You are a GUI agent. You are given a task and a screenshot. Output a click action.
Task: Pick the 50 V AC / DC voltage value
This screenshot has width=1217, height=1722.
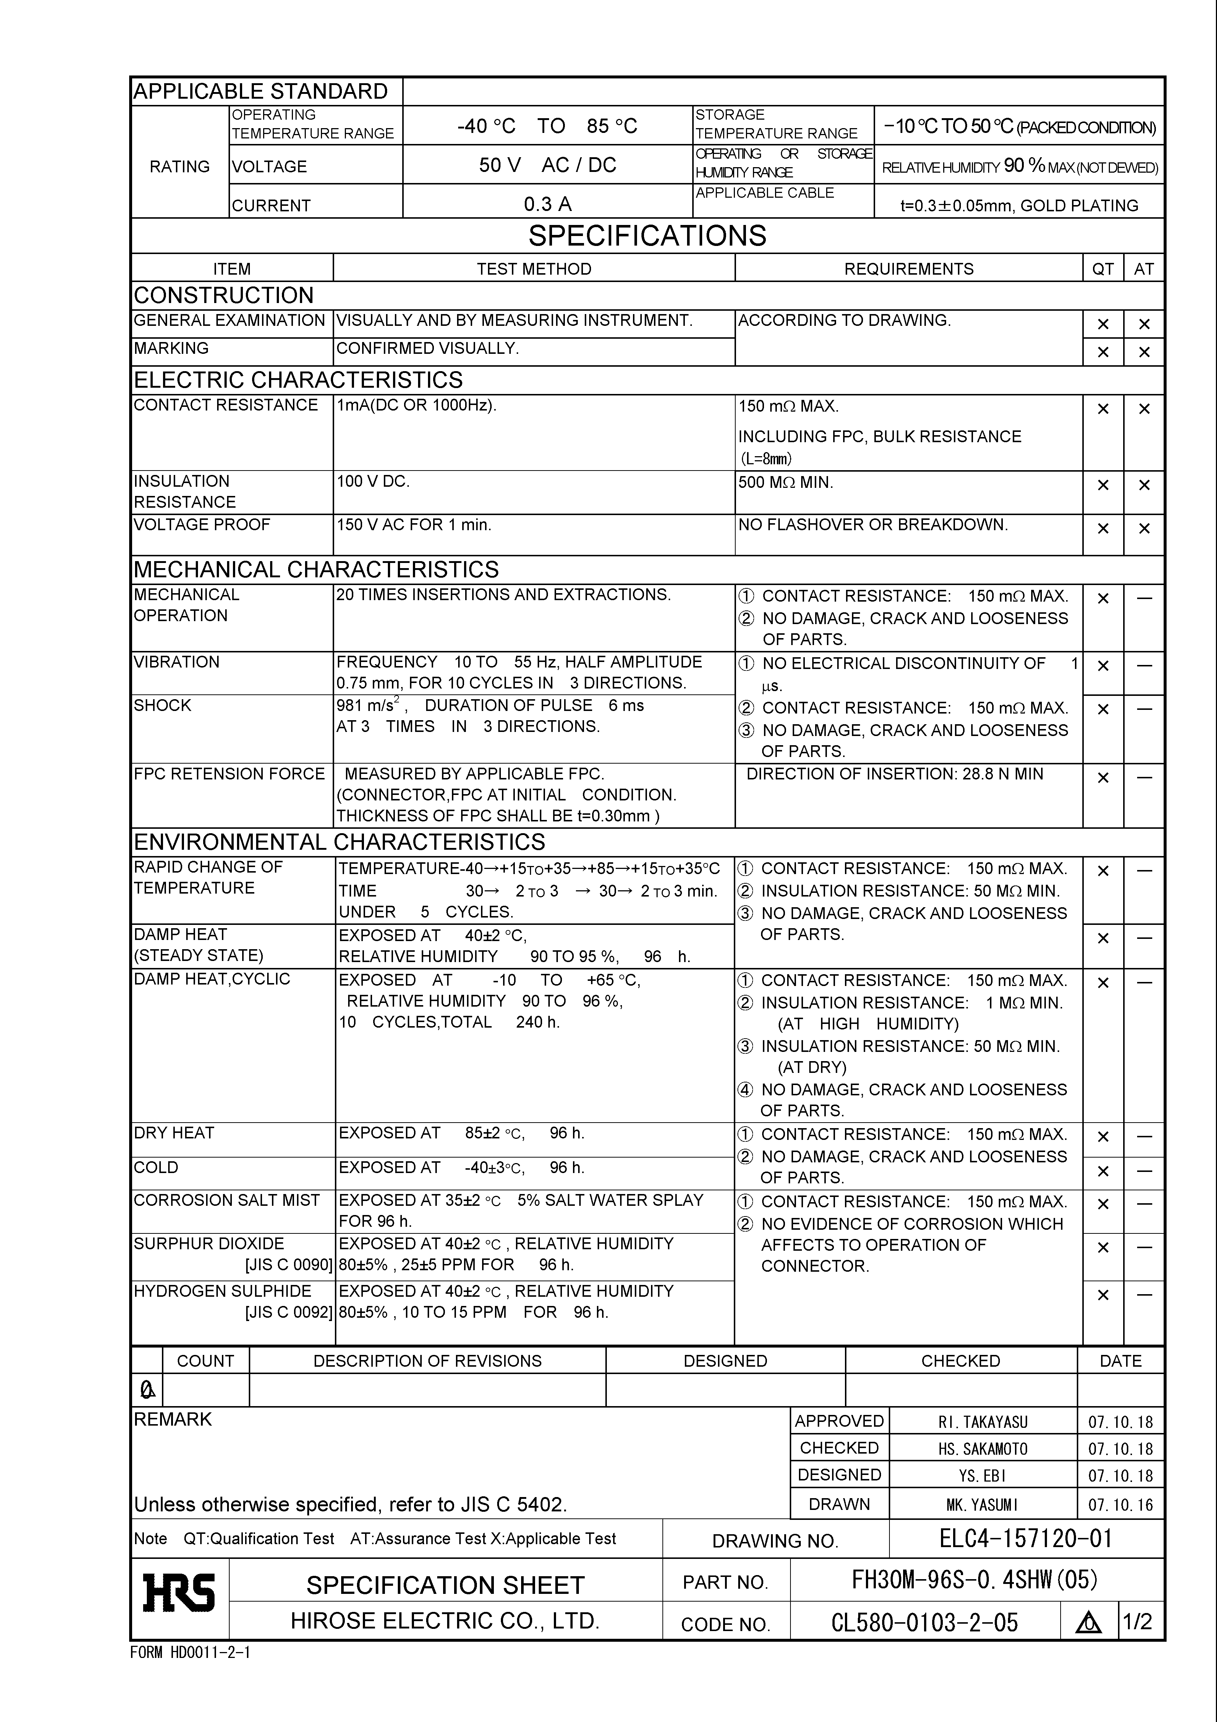click(x=547, y=165)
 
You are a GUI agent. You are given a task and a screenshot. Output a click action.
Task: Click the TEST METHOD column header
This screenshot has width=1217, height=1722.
click(x=534, y=268)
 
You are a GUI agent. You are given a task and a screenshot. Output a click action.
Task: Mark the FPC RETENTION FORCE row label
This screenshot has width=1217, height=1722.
click(x=229, y=774)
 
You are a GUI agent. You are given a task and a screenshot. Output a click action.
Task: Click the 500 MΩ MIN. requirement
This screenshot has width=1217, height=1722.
click(x=785, y=482)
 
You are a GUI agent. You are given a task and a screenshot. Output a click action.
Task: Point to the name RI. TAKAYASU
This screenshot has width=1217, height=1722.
click(x=982, y=1422)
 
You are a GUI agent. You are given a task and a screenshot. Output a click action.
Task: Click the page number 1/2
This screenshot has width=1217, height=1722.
click(x=1137, y=1621)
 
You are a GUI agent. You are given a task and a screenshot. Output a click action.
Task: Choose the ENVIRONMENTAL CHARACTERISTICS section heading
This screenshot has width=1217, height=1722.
click(x=339, y=842)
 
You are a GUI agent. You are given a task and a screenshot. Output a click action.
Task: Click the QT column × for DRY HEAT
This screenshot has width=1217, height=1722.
click(x=1102, y=1137)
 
